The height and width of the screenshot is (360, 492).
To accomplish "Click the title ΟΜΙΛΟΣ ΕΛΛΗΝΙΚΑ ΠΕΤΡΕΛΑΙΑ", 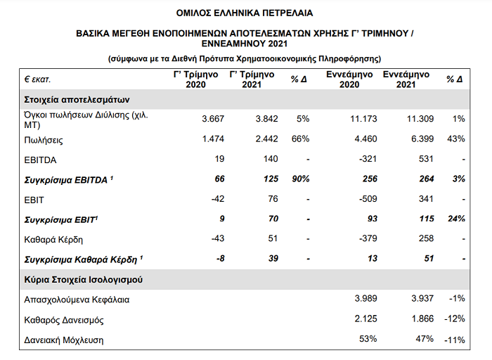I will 245,12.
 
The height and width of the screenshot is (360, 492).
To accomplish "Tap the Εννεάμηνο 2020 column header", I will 349,79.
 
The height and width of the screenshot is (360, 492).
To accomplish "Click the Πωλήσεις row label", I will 44,140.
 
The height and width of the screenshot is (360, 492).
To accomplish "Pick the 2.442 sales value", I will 257,140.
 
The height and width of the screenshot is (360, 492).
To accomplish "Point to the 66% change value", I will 300,140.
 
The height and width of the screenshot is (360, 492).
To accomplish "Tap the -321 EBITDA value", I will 368,160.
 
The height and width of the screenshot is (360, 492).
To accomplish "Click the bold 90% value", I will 300,179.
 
